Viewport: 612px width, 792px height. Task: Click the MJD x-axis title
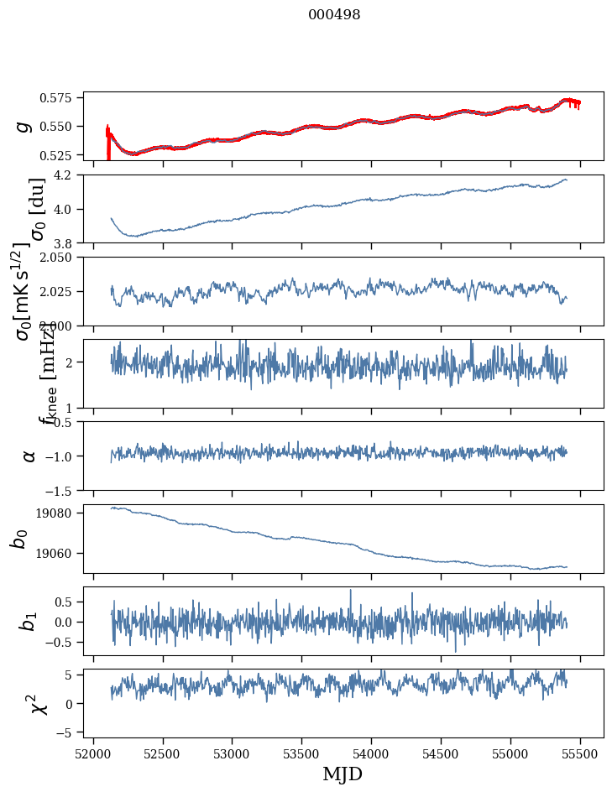point(343,774)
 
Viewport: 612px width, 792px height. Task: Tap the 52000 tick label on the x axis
point(93,753)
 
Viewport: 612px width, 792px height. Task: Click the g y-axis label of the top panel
point(25,126)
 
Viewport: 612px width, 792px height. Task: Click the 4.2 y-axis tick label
point(67,175)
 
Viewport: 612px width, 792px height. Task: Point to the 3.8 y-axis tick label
point(67,242)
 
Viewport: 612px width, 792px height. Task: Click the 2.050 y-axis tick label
point(60,258)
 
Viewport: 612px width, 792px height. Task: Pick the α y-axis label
point(29,456)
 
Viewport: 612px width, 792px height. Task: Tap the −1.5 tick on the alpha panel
point(64,490)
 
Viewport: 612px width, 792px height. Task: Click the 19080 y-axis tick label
point(60,513)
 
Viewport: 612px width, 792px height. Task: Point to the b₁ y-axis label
point(29,621)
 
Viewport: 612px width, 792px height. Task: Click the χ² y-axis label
point(39,703)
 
